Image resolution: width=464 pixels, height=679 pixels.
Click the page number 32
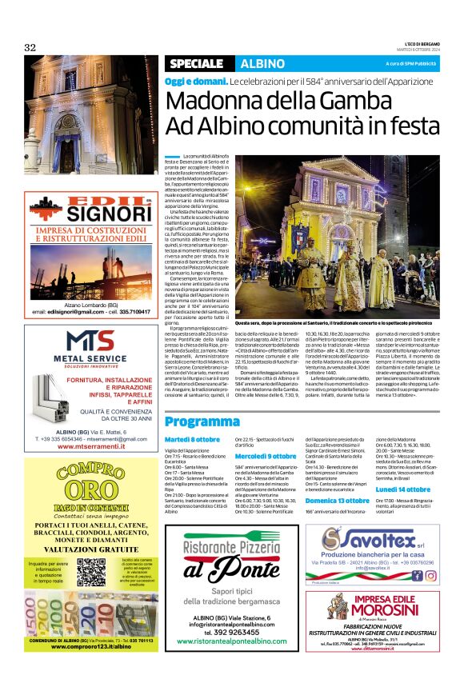coord(30,48)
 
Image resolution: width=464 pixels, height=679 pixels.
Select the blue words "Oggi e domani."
coord(195,82)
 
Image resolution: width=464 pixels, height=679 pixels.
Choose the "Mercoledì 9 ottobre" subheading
coord(266,456)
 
